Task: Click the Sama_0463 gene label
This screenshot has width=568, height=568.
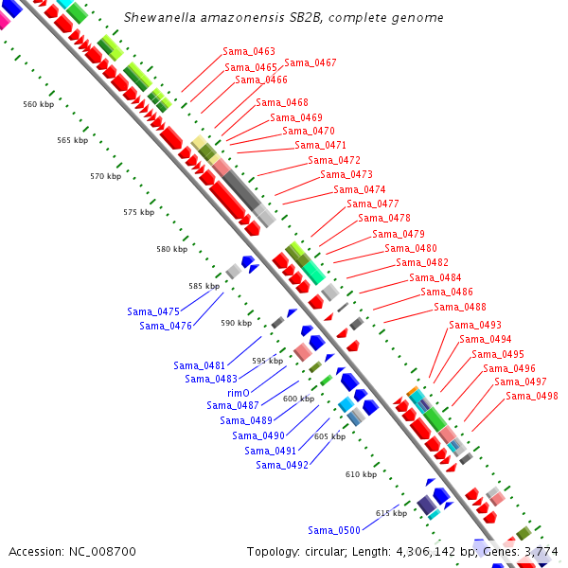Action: point(249,51)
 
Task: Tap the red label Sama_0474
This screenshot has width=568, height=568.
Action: point(360,189)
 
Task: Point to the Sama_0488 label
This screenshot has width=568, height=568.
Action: point(460,307)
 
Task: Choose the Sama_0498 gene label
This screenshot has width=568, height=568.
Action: point(532,396)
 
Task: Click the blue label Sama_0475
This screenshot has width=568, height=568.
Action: point(153,311)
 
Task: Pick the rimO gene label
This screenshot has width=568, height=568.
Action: point(239,392)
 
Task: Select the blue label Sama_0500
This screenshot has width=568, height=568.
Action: point(334,530)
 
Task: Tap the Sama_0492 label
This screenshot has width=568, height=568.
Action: point(282,465)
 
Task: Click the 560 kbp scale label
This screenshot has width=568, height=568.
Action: point(39,104)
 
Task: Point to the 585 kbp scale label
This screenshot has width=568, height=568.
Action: point(204,286)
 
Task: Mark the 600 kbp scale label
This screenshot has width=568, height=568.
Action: point(298,399)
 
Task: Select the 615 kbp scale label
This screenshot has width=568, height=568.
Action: point(391,513)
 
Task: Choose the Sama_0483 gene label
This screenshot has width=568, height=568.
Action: point(211,379)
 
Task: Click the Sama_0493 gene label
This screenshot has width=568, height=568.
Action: point(475,325)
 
